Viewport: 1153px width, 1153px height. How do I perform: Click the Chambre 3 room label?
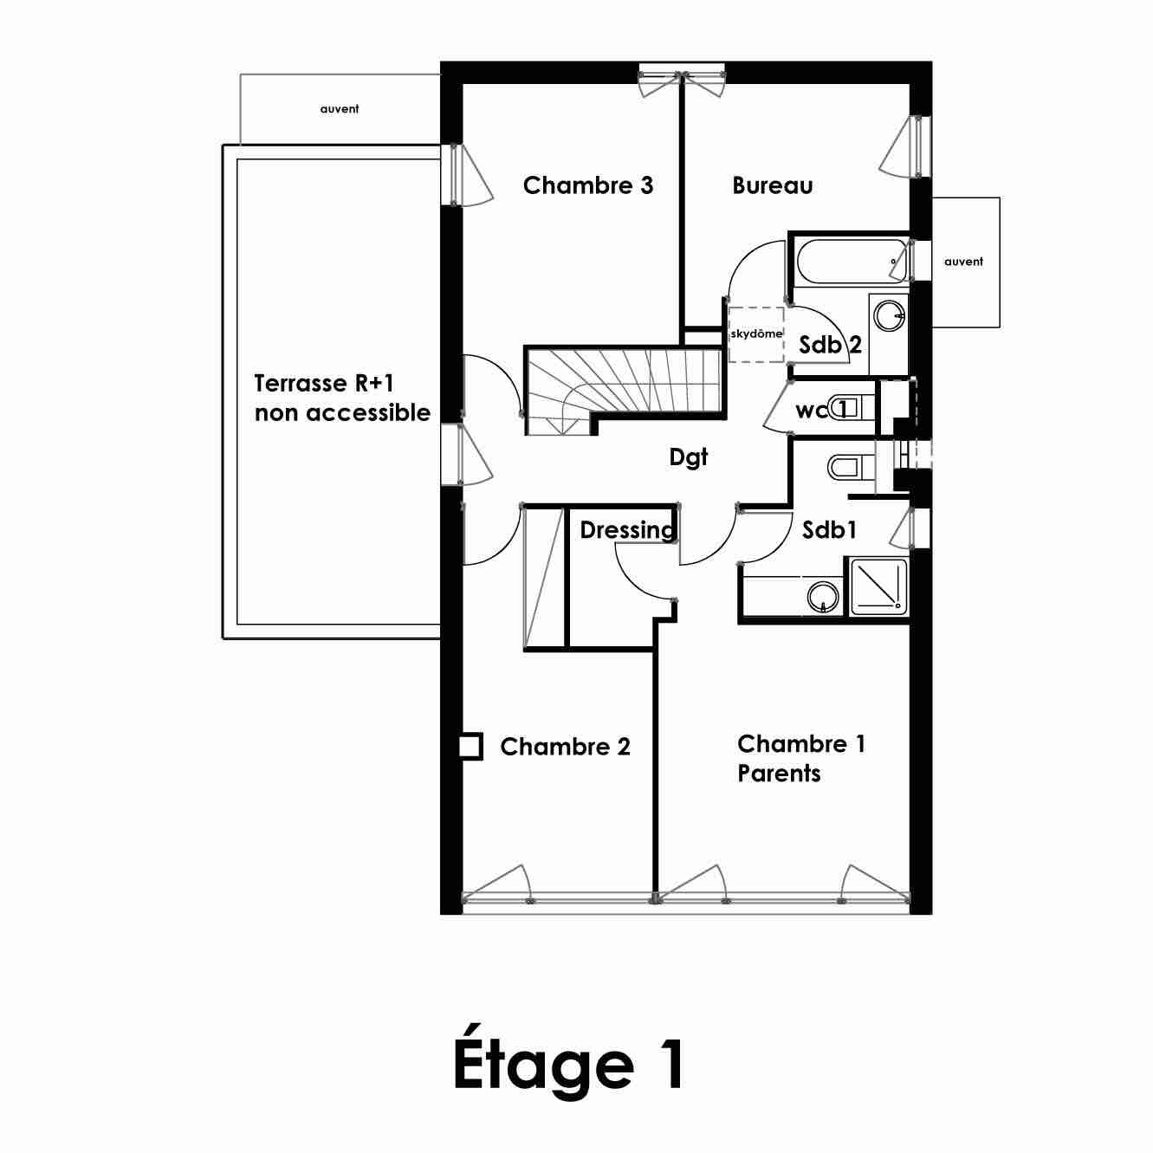coord(587,185)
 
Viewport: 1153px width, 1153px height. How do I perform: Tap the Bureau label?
coord(773,185)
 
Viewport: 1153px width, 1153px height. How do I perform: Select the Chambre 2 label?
coord(565,747)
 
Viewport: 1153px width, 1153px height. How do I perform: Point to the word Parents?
coord(779,774)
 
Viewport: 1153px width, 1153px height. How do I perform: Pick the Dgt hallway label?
coord(688,457)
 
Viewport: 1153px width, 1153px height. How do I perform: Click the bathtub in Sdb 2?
coord(852,262)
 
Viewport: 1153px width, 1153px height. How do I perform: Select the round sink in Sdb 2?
coord(889,315)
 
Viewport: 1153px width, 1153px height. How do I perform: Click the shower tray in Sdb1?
coord(878,586)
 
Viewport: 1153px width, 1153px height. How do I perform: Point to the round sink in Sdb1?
coord(823,597)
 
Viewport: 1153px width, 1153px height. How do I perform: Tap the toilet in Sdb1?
coord(851,467)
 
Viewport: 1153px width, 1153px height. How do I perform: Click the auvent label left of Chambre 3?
coord(340,109)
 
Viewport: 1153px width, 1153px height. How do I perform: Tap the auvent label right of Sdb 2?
coord(963,262)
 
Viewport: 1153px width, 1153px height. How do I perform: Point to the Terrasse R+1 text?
coord(324,384)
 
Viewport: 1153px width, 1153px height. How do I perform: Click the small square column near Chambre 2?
coord(470,747)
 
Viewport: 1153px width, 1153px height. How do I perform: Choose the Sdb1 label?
coord(829,530)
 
